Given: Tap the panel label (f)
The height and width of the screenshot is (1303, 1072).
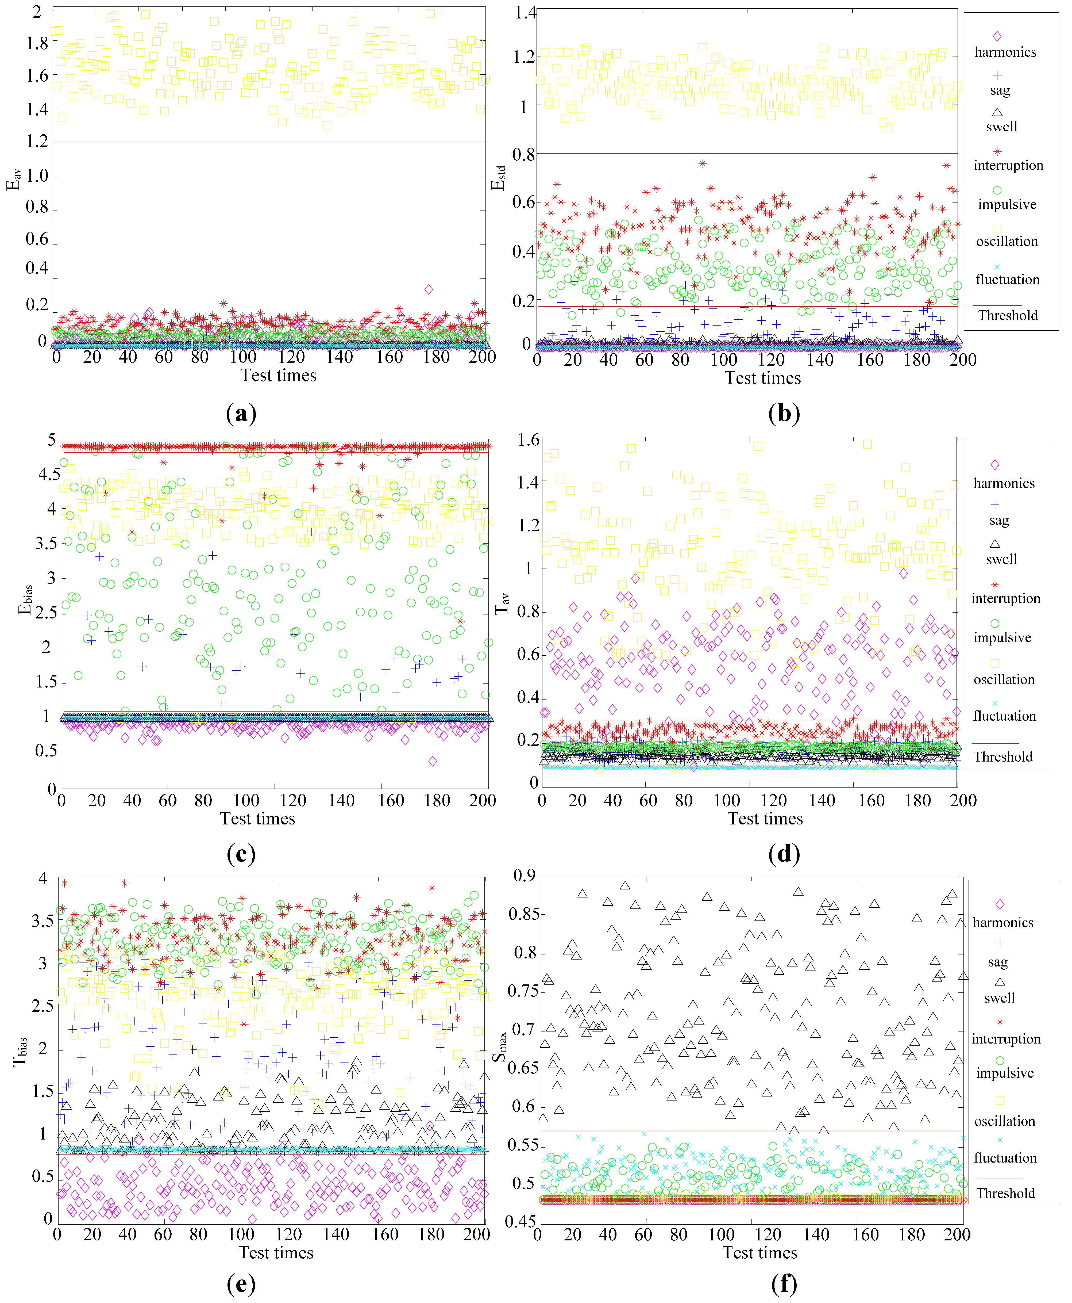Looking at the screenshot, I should pos(784,1283).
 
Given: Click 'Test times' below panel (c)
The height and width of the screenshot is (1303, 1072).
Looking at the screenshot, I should pos(257,819).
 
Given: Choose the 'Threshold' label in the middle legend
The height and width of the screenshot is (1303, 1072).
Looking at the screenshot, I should pos(1003,757).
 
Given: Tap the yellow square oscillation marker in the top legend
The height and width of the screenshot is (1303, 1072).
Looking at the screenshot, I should pos(997,229).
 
